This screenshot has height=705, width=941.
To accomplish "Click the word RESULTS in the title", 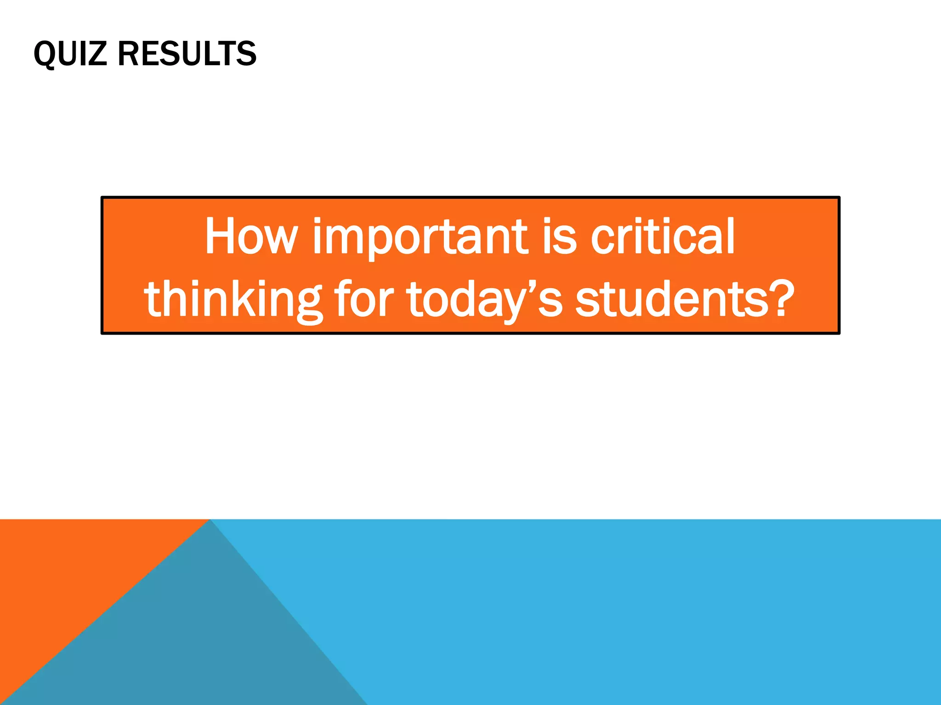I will [x=187, y=54].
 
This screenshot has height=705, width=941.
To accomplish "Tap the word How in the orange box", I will [x=251, y=237].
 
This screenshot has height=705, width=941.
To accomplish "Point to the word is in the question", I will [x=559, y=238].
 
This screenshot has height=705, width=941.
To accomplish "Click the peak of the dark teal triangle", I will [x=210, y=521].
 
